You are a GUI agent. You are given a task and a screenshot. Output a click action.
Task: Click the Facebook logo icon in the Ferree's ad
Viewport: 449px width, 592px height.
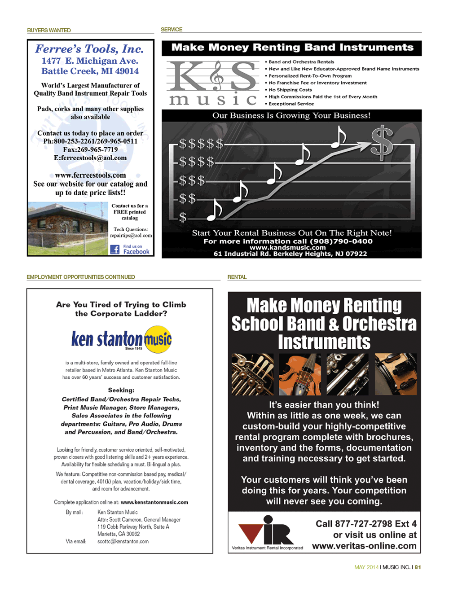pyautogui.click(x=115, y=250)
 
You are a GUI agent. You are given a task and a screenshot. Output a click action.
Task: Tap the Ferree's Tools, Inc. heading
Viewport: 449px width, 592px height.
pyautogui.click(x=89, y=49)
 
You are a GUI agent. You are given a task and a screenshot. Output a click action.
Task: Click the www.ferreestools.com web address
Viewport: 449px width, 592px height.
pyautogui.click(x=90, y=175)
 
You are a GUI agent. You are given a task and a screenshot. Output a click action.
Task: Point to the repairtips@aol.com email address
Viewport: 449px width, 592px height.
pyautogui.click(x=131, y=235)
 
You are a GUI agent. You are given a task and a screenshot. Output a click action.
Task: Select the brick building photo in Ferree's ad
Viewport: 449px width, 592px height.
pyautogui.click(x=68, y=228)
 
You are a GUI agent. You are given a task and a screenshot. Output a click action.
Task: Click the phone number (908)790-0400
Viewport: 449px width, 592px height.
pyautogui.click(x=341, y=241)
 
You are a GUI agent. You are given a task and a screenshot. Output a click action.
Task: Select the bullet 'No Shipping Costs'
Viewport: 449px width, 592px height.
pyautogui.click(x=290, y=90)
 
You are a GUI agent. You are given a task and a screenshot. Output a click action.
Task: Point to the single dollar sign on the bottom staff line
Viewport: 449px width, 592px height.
pyautogui.click(x=183, y=218)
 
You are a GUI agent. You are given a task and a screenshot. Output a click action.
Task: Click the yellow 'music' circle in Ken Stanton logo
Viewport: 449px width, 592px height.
pyautogui.click(x=158, y=339)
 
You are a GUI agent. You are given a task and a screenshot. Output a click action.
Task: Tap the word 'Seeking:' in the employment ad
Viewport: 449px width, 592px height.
pyautogui.click(x=121, y=390)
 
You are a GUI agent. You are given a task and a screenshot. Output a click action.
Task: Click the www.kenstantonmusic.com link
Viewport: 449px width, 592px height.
pyautogui.click(x=154, y=502)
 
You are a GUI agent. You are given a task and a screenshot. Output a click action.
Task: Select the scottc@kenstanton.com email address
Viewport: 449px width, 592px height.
pyautogui.click(x=123, y=541)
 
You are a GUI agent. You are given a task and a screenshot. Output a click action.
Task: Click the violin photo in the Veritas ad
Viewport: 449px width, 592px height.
pyautogui.click(x=299, y=374)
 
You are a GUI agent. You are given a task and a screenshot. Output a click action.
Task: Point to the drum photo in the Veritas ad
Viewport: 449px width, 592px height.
pyautogui.click(x=396, y=374)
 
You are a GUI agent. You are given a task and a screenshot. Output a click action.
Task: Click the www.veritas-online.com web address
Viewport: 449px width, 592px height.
pyautogui.click(x=364, y=546)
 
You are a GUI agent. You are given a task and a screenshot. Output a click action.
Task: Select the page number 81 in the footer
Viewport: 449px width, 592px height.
pyautogui.click(x=418, y=567)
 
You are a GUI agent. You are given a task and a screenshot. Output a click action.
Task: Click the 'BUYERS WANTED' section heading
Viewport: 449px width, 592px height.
pyautogui.click(x=49, y=31)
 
